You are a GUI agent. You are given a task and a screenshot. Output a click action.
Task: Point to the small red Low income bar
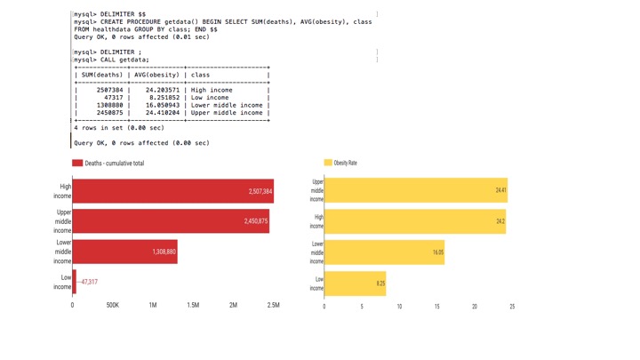click(x=75, y=282)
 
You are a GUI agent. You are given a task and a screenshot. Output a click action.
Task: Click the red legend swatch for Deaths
click(x=77, y=164)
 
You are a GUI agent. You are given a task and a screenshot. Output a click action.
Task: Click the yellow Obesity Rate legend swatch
click(x=328, y=164)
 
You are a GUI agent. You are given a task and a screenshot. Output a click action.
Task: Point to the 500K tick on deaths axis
click(x=113, y=306)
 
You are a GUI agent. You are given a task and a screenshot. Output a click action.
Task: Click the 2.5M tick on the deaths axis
click(x=274, y=306)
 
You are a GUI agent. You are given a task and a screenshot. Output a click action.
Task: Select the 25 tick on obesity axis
click(x=512, y=307)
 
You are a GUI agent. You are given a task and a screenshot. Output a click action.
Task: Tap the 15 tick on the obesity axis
click(x=437, y=307)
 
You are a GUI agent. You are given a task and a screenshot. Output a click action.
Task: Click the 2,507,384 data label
click(x=260, y=192)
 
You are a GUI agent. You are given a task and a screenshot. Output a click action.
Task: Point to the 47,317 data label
click(x=88, y=282)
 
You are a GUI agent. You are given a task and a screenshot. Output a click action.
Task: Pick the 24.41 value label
click(x=500, y=191)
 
